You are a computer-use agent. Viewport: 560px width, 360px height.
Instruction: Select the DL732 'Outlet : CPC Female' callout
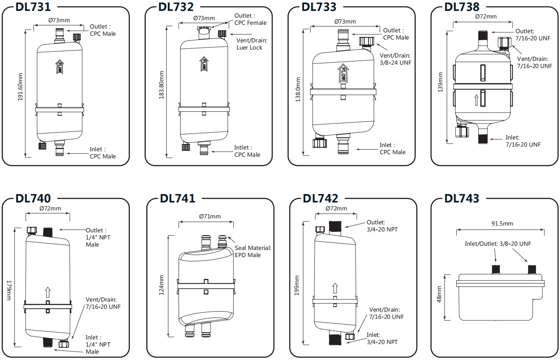click(250, 19)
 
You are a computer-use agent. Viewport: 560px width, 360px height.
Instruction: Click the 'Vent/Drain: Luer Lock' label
click(252, 44)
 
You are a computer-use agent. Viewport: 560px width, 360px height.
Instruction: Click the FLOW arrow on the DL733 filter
click(343, 73)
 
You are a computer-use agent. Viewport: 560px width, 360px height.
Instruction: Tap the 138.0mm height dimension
click(298, 89)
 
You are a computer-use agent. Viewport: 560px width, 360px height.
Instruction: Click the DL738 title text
click(462, 7)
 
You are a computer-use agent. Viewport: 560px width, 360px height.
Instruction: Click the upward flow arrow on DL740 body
click(48, 292)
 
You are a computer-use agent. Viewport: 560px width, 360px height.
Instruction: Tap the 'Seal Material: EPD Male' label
click(253, 252)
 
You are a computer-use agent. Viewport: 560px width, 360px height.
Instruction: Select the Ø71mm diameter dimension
click(210, 216)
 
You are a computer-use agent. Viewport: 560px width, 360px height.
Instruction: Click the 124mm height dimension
click(162, 285)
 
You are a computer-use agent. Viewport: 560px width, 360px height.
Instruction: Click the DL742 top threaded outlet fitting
click(336, 227)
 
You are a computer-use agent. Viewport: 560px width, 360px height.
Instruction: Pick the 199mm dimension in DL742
click(297, 285)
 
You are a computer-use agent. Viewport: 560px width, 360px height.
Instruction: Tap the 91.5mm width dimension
click(502, 223)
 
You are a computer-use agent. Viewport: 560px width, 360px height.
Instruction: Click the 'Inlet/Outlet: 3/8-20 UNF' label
click(497, 244)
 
